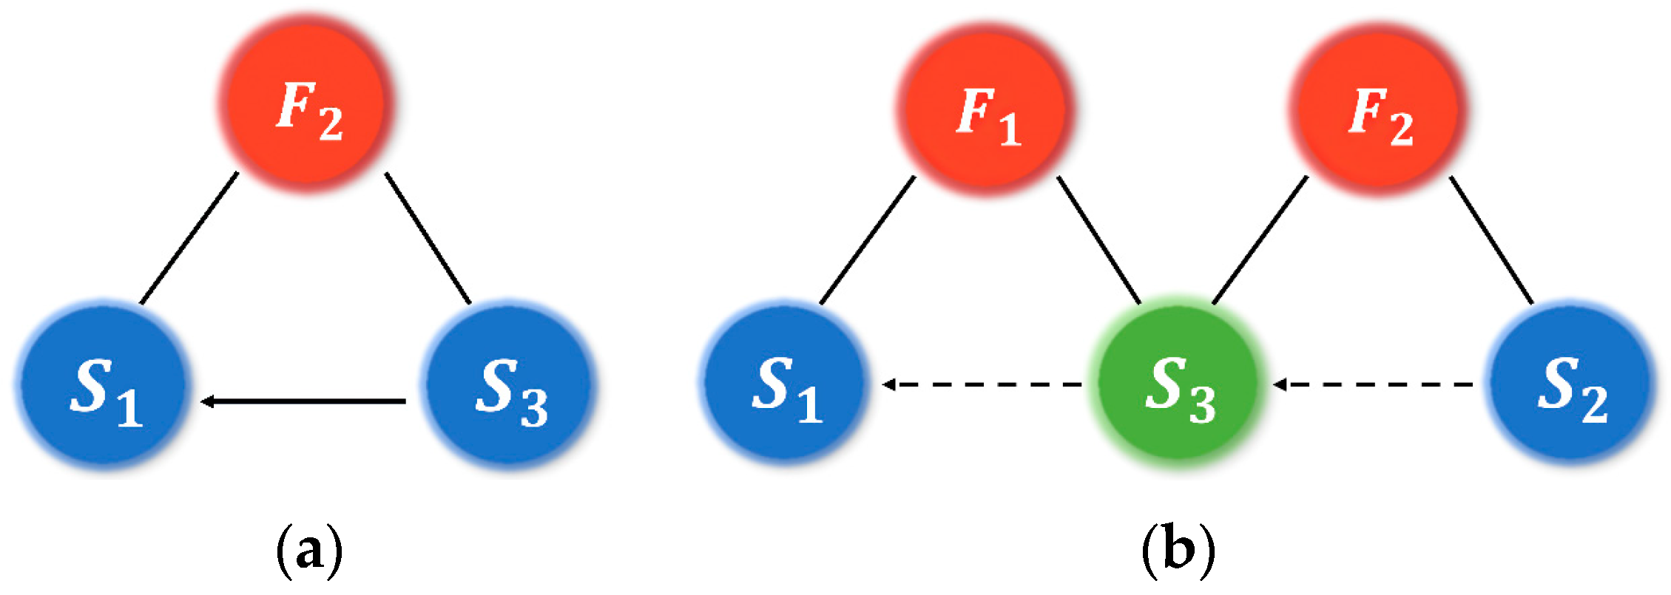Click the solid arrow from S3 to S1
click(x=303, y=401)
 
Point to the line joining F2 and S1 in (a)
click(x=189, y=238)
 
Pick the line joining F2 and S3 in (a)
click(x=428, y=238)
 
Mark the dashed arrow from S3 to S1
click(x=984, y=384)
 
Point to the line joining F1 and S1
click(x=868, y=240)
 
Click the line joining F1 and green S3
click(x=1099, y=240)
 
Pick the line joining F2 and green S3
click(x=1260, y=240)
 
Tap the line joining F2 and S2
click(x=1491, y=240)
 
